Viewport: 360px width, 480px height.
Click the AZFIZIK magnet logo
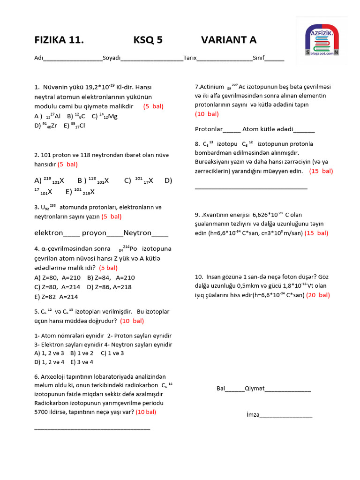point(322,40)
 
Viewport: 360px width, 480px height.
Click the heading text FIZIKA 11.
point(59,40)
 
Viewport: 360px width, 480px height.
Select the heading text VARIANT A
point(229,40)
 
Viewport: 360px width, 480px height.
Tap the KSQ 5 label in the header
point(148,40)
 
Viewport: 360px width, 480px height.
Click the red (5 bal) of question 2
point(67,165)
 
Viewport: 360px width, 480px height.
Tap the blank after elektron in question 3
point(72,233)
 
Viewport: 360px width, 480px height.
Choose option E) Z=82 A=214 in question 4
point(56,297)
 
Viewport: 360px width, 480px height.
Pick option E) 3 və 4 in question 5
point(82,362)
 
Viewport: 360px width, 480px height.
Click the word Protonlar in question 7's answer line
point(209,129)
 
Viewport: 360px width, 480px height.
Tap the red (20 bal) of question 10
point(318,295)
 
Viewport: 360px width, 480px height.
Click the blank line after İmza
point(286,415)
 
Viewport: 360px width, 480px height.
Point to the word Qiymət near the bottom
point(255,388)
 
